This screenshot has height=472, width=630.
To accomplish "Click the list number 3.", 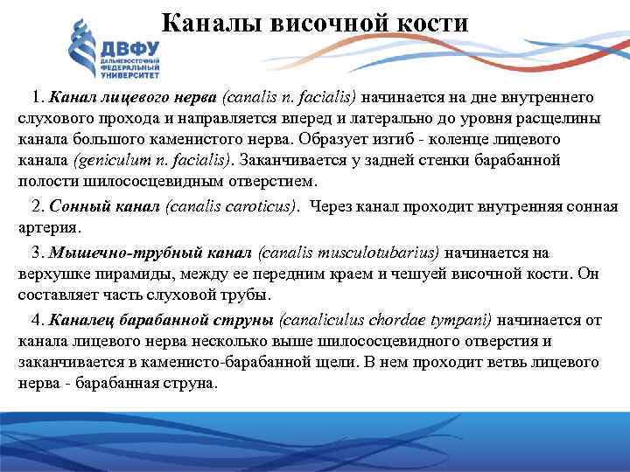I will pos(36,253).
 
